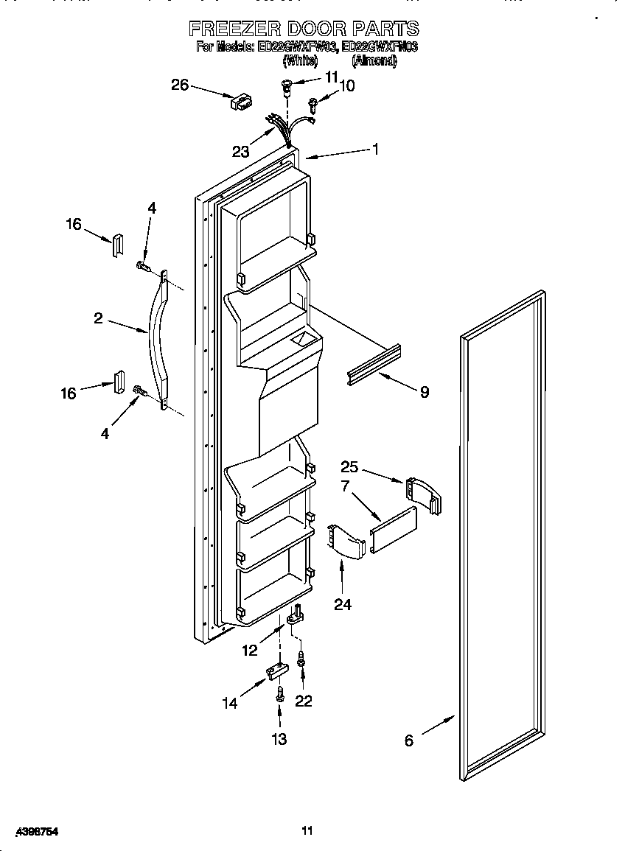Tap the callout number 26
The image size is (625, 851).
click(181, 85)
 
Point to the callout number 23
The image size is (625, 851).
click(240, 152)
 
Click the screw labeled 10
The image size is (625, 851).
click(313, 105)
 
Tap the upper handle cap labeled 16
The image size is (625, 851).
click(116, 245)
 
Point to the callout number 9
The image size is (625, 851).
click(424, 393)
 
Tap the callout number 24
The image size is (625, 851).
click(342, 604)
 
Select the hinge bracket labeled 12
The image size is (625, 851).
click(296, 614)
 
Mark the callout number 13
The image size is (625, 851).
click(279, 739)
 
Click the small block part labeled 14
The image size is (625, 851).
click(276, 671)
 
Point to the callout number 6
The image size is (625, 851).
click(409, 741)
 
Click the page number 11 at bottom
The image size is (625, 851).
click(307, 831)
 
